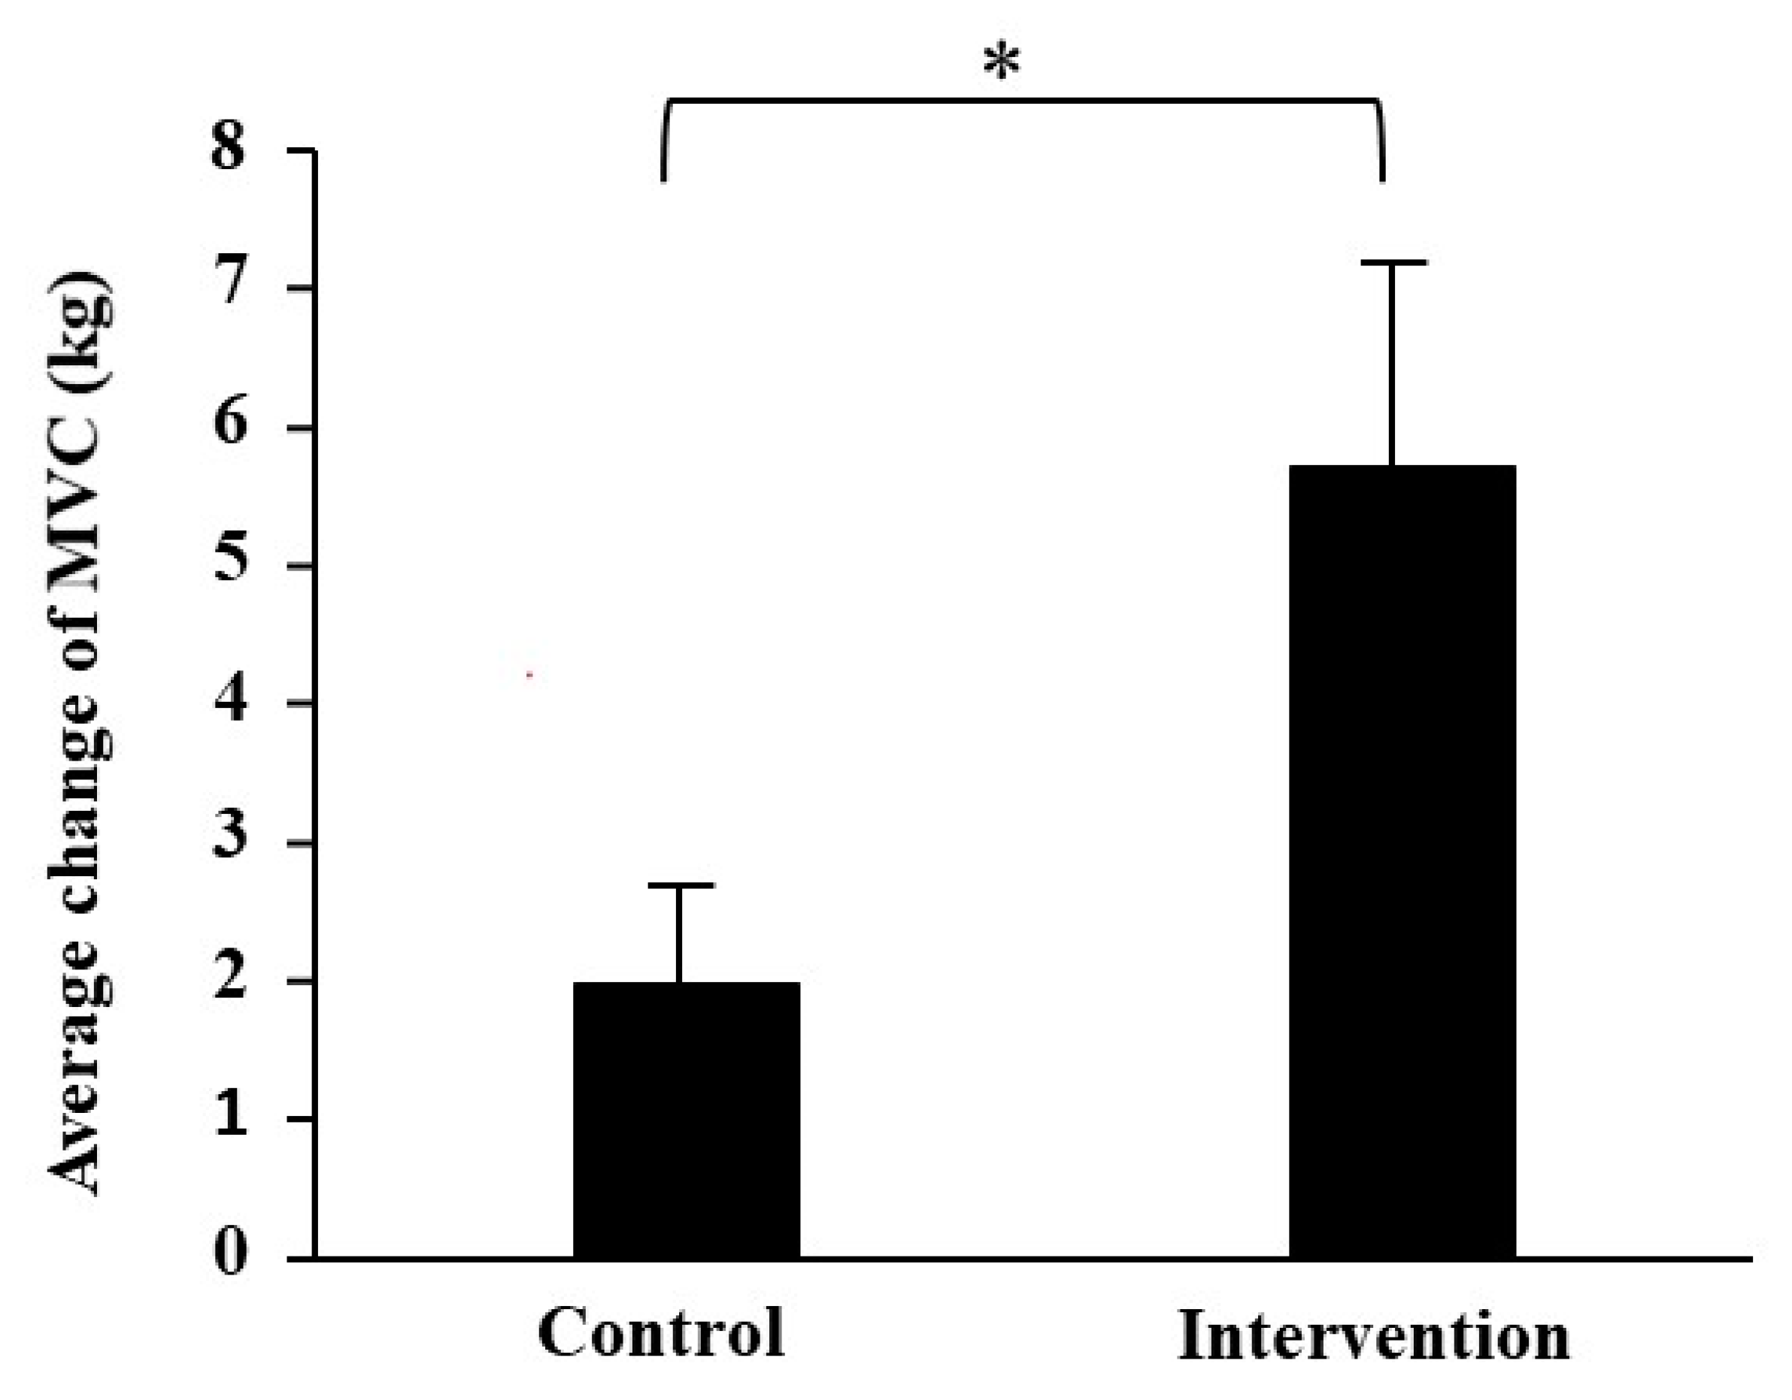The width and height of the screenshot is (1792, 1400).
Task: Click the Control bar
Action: (686, 1120)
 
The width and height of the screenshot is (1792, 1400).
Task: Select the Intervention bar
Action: (1402, 861)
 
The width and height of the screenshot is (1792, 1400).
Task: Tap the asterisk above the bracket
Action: (1002, 65)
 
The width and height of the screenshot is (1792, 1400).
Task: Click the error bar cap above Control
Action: (681, 886)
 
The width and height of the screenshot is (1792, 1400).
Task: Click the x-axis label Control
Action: (661, 1335)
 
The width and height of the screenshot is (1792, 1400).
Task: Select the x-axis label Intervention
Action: (1374, 1336)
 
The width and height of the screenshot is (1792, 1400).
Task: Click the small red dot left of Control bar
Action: (530, 675)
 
